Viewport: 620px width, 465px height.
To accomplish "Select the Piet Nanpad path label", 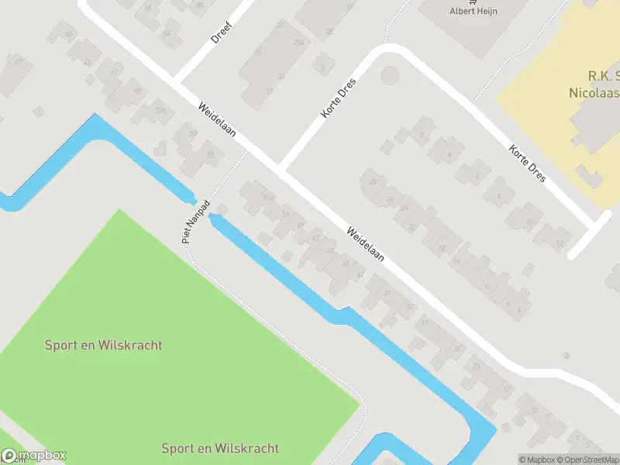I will pyautogui.click(x=195, y=222).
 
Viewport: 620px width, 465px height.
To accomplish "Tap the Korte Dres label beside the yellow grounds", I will pyautogui.click(x=528, y=164).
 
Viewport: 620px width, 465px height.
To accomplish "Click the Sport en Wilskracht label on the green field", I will pyautogui.click(x=104, y=345).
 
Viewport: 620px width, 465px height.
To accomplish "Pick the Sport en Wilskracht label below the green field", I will pyautogui.click(x=220, y=448).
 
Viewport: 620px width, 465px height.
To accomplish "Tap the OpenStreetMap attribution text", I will pyautogui.click(x=591, y=460).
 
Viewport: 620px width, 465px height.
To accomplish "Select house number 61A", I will pyautogui.click(x=268, y=198).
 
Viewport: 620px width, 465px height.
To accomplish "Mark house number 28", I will pyautogui.click(x=373, y=182).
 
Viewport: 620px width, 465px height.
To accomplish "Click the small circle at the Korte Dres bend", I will pyautogui.click(x=390, y=76).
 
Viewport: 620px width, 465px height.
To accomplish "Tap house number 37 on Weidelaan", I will pyautogui.click(x=387, y=293).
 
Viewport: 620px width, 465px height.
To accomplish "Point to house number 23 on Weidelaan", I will pyautogui.click(x=477, y=366).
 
